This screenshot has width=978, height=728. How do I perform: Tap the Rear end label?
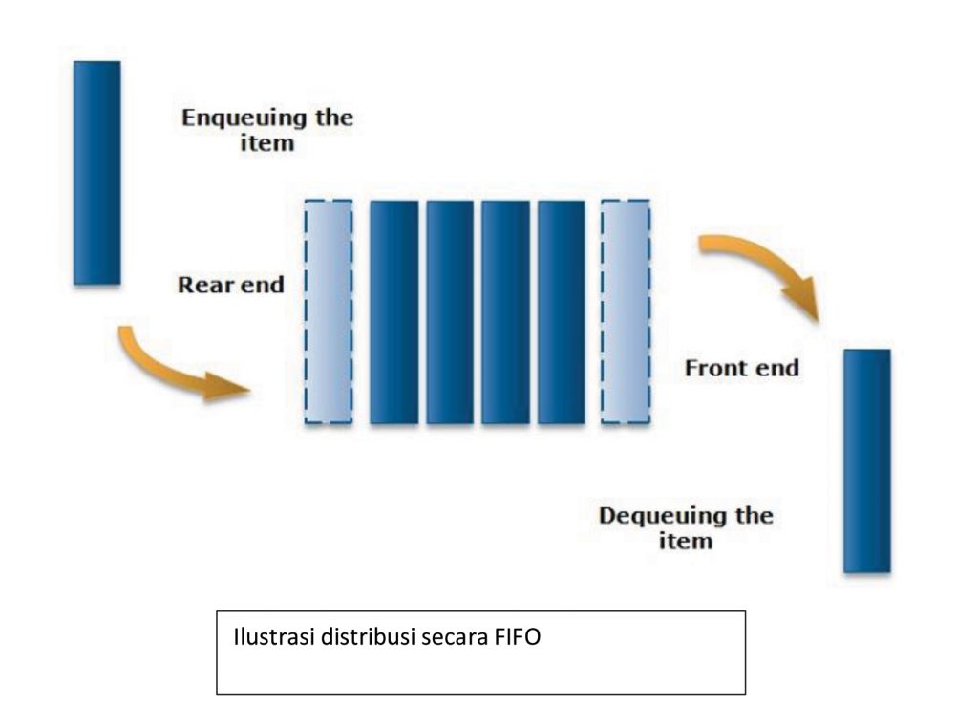tap(231, 285)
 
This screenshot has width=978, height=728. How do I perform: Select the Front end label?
tap(741, 368)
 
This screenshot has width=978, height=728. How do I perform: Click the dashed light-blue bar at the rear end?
tap(328, 311)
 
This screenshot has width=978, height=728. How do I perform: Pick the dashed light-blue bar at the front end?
tap(626, 311)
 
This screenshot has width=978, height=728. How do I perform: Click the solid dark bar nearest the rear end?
tap(393, 311)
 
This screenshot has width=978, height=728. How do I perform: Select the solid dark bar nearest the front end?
tap(562, 311)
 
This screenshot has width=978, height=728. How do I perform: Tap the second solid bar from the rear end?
tap(450, 311)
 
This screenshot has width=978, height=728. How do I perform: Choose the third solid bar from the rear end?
tap(505, 311)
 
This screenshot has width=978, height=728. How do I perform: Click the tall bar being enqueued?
tap(96, 173)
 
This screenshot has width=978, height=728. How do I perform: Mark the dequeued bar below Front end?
tap(866, 460)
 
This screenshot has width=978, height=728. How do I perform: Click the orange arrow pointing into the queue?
tap(177, 368)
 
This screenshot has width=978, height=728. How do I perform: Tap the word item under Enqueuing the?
tap(267, 145)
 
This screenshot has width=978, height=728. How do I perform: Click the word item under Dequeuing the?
tap(686, 542)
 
